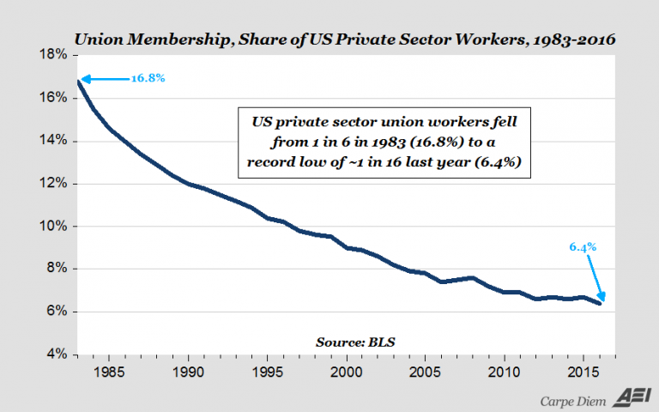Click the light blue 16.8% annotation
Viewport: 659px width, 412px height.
point(148,78)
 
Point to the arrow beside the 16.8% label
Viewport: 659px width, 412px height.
point(103,79)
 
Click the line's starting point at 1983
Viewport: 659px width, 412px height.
point(79,81)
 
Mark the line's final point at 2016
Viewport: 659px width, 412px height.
point(599,303)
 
